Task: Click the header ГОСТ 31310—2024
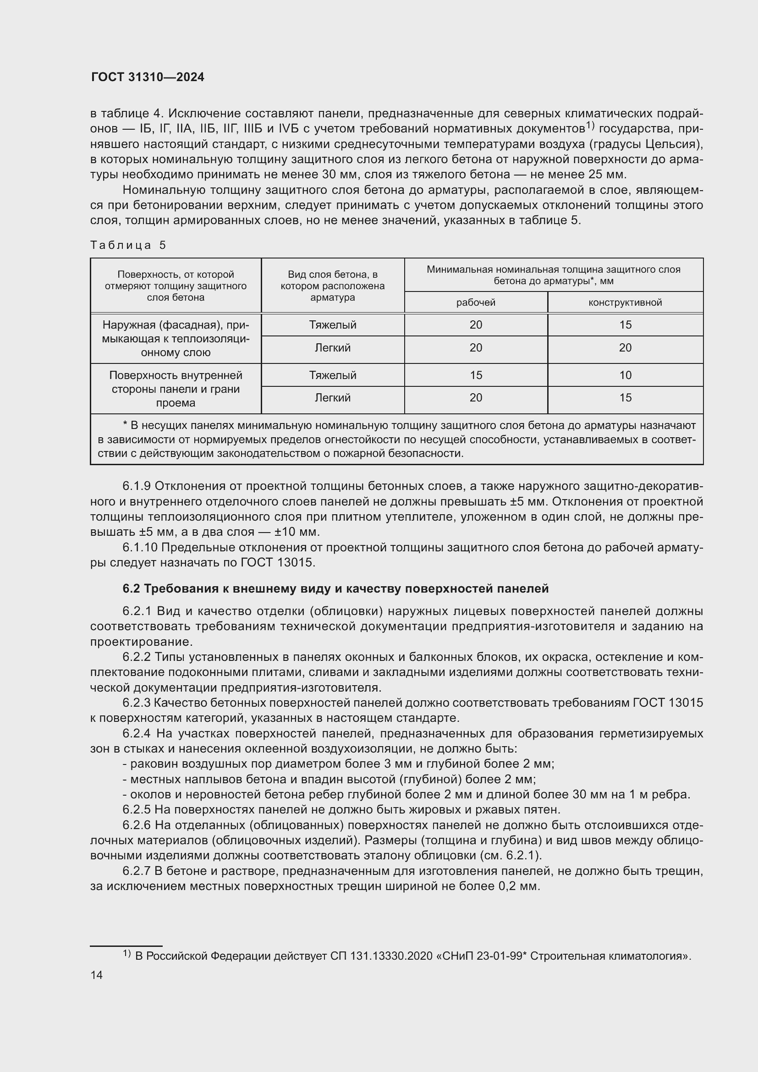point(148,77)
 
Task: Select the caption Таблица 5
point(128,245)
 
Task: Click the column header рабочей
point(476,302)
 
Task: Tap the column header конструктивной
point(625,302)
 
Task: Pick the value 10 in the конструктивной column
point(625,375)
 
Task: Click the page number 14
point(96,975)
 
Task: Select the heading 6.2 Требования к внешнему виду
point(335,589)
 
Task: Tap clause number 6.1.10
point(140,547)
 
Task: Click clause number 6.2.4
point(136,733)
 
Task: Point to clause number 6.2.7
point(136,871)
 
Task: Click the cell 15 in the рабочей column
point(476,375)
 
